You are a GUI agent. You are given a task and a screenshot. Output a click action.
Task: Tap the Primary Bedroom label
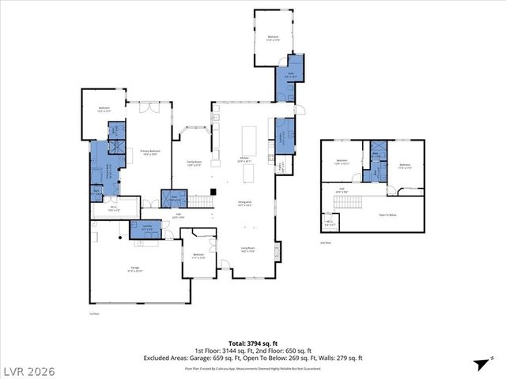pyautogui.click(x=150, y=152)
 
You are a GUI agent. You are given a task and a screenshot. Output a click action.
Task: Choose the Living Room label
pyautogui.click(x=247, y=250)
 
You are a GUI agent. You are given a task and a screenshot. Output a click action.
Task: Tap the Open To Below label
pyautogui.click(x=387, y=215)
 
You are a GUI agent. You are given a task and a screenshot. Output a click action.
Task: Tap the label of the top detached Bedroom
pyautogui.click(x=273, y=39)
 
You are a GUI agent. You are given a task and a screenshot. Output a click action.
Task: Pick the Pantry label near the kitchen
pyautogui.click(x=281, y=167)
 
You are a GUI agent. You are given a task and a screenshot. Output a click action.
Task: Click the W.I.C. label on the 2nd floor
pyautogui.click(x=328, y=224)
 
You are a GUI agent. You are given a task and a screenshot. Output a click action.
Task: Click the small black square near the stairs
pyautogui.click(x=213, y=192)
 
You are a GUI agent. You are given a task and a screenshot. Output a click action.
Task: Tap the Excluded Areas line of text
pyautogui.click(x=253, y=357)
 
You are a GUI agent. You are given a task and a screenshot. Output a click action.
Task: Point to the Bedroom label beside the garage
pyautogui.click(x=199, y=256)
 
